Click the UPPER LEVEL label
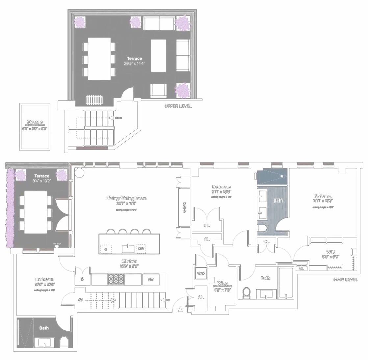[x=178, y=106]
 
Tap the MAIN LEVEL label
[x=345, y=279]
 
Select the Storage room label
[x=35, y=122]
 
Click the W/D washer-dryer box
[x=201, y=273]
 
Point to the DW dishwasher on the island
[x=141, y=249]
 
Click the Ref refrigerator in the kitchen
[x=151, y=280]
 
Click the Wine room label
[x=222, y=283]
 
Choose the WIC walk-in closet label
[x=330, y=252]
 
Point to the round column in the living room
[x=79, y=173]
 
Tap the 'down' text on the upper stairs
[x=118, y=118]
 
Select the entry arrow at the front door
[x=180, y=309]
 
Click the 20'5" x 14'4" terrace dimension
[x=134, y=63]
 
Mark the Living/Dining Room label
[x=126, y=198]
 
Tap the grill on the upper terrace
[x=92, y=100]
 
